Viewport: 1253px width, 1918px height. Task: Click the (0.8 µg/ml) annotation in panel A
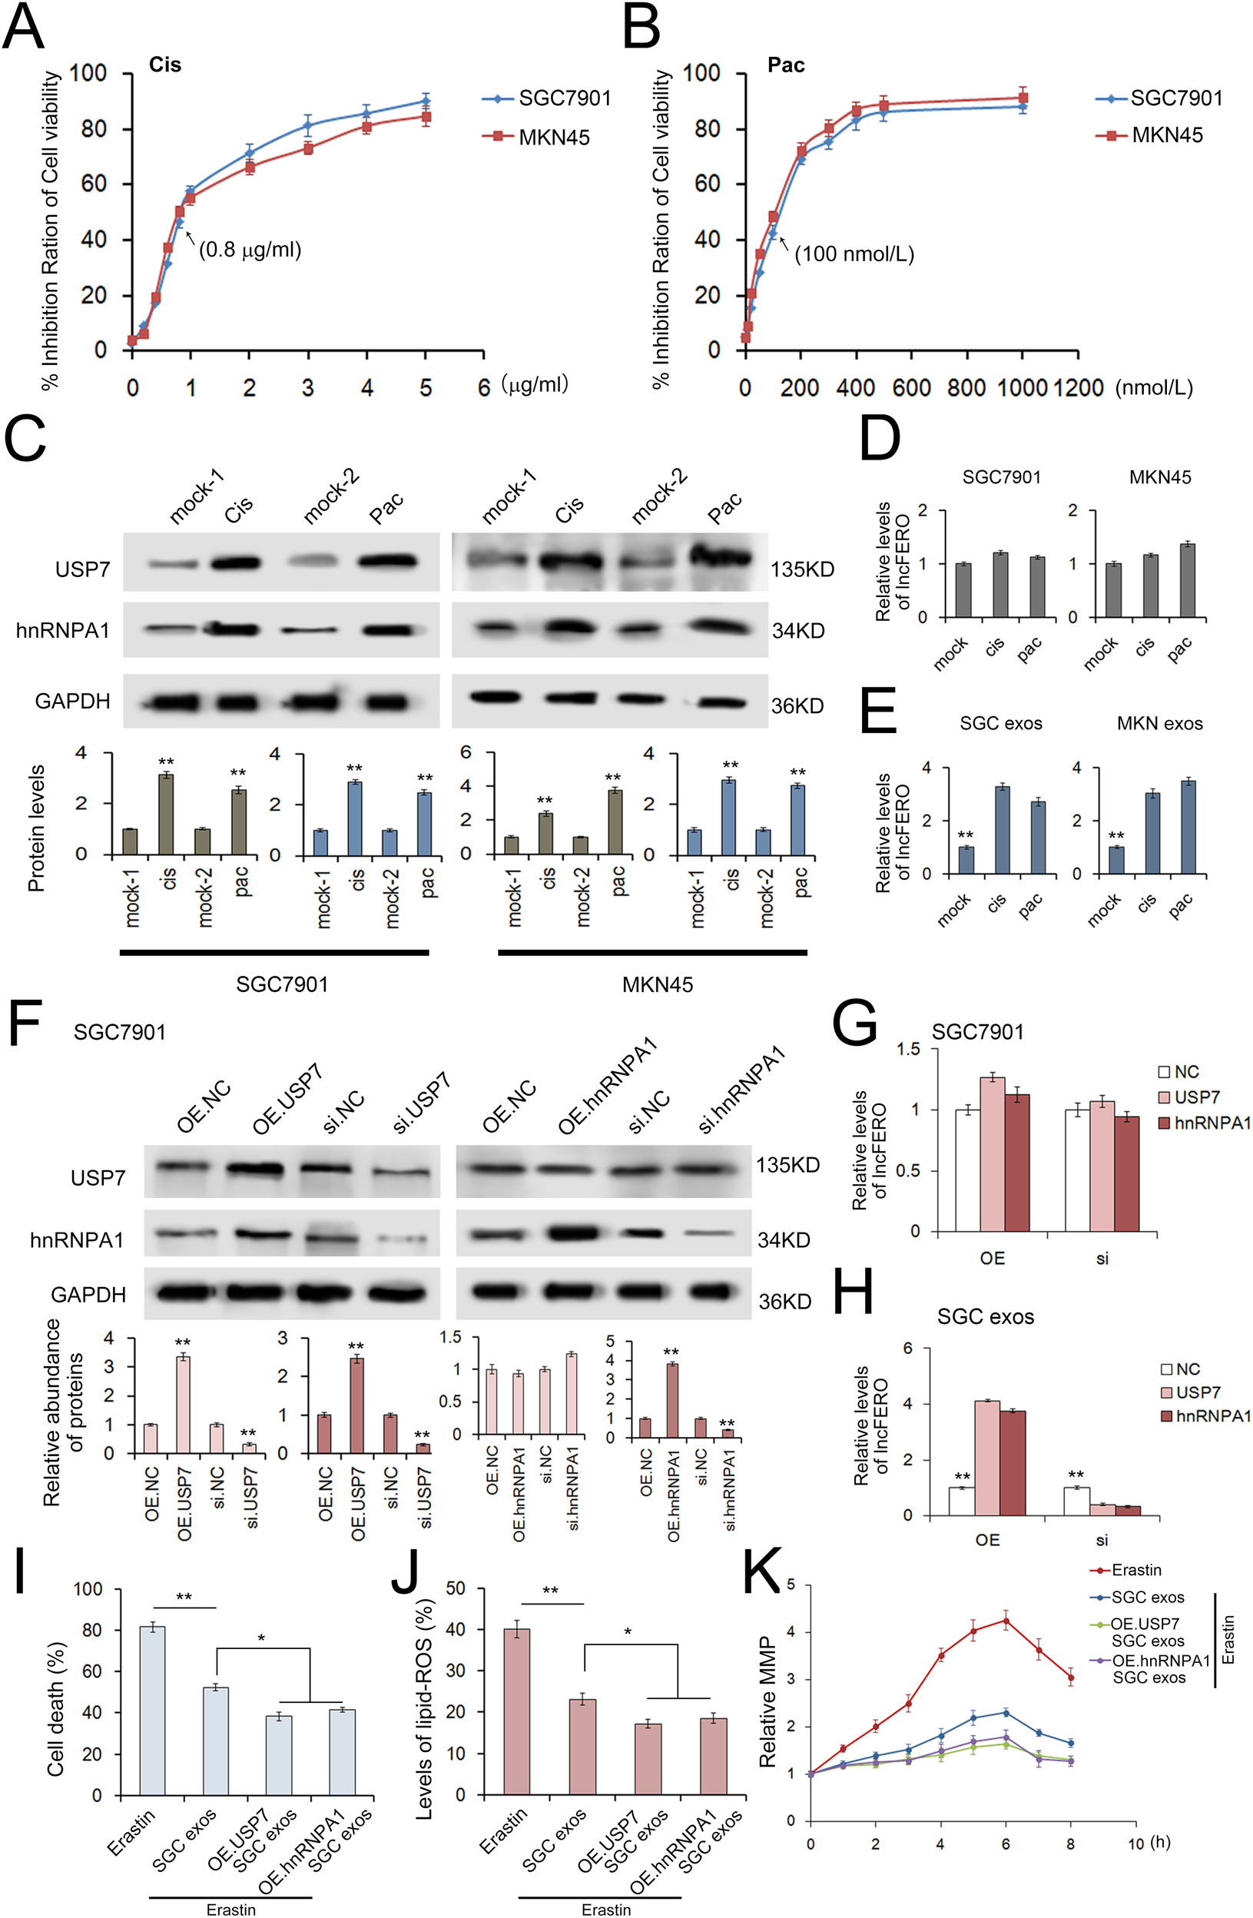coord(250,250)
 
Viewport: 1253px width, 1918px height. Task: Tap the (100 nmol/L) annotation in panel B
coord(854,254)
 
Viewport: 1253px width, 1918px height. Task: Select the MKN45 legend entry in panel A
coord(553,137)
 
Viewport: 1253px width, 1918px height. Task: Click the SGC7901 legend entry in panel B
coord(1175,98)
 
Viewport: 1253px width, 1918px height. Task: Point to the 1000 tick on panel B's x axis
coord(1022,387)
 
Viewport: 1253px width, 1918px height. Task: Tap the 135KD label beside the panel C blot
coord(802,569)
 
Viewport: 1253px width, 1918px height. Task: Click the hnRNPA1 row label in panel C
coord(62,630)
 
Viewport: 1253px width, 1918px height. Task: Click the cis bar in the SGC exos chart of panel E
coord(1002,829)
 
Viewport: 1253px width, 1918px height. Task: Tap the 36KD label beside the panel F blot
coord(785,1302)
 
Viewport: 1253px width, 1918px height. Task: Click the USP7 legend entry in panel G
coord(1196,1097)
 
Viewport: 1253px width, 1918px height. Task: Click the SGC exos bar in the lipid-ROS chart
coord(582,1748)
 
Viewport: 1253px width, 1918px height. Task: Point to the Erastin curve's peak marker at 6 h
coord(1006,1621)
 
